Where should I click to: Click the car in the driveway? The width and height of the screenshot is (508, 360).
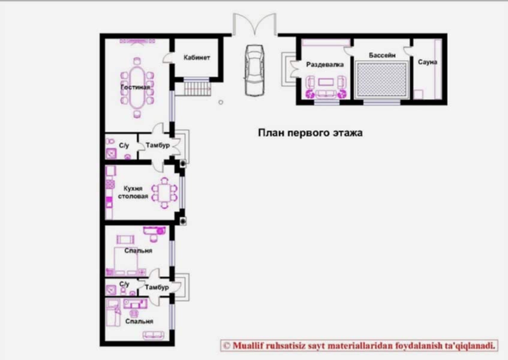point(255,71)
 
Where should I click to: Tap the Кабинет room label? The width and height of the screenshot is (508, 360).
point(197,58)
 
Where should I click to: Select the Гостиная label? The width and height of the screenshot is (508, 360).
point(135,87)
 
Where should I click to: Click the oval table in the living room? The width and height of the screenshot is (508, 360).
point(137,88)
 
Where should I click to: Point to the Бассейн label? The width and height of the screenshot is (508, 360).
point(382,55)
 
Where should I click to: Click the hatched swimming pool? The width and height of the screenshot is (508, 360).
point(381,80)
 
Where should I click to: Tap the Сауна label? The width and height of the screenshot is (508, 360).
point(427,62)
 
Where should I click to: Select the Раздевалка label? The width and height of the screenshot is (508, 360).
point(324,65)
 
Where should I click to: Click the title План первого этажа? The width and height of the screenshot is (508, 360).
point(310,133)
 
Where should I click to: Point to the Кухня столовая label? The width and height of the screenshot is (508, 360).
point(133,192)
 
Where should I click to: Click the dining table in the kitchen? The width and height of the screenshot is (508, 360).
point(164,193)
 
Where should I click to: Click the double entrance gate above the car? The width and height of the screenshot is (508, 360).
point(255,23)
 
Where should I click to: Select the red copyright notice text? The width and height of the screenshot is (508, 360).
point(360,346)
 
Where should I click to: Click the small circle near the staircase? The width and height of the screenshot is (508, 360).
point(221,103)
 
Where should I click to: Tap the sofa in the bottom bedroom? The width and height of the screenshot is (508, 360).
point(154,335)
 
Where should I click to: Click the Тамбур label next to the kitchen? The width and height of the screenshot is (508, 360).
point(158,145)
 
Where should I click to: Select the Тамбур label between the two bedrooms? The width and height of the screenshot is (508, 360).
point(157,287)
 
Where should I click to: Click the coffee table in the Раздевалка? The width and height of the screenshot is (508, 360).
point(326,82)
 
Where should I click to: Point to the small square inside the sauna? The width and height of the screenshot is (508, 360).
point(418,94)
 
